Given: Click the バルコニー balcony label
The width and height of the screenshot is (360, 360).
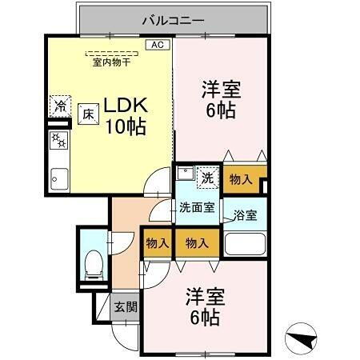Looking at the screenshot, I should [x=173, y=19].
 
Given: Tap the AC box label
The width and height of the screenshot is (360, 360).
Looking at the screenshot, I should [x=159, y=46].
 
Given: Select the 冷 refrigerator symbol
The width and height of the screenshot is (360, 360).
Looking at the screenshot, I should [x=59, y=106].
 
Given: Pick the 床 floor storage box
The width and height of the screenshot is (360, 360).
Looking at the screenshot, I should [x=87, y=114].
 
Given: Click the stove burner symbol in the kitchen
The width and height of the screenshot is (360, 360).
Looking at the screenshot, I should [x=58, y=141].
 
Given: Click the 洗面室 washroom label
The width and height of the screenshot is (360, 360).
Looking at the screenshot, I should [x=196, y=207].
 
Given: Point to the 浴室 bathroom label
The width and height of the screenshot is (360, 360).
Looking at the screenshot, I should [x=245, y=214].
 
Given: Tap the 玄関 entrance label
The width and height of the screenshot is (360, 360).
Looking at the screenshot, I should [x=124, y=307].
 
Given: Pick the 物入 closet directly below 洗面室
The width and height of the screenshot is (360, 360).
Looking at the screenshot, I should [x=196, y=243].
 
